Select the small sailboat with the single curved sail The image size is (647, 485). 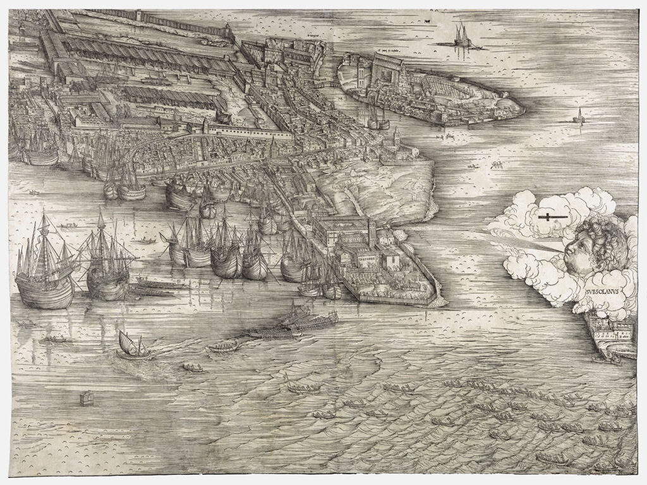[x=131, y=346]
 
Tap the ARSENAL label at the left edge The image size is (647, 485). [x=32, y=74]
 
